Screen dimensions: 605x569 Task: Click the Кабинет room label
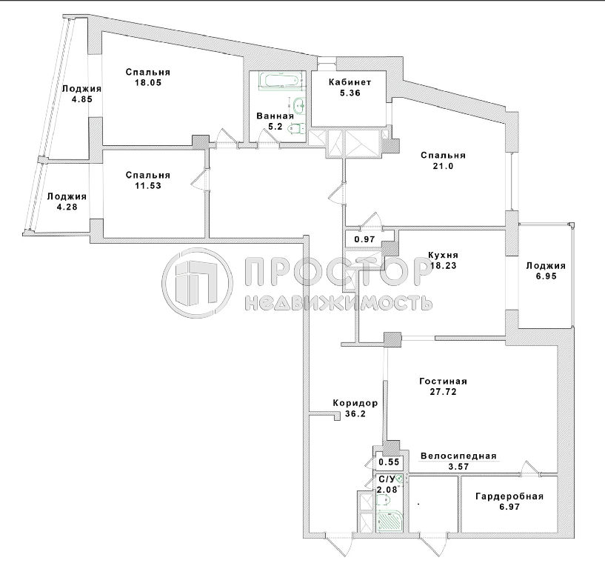click(x=350, y=82)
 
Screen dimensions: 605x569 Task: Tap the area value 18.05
click(x=148, y=83)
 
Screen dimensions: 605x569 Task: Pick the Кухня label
click(x=443, y=255)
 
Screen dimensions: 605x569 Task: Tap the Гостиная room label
click(x=443, y=382)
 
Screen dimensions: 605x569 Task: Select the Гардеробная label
click(x=509, y=496)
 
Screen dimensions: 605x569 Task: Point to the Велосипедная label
click(x=458, y=456)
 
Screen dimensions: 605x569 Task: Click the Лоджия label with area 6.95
click(x=546, y=266)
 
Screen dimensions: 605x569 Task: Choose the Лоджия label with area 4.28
click(x=67, y=196)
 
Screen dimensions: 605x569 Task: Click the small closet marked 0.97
click(x=364, y=239)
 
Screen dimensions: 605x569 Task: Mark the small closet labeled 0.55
click(x=389, y=462)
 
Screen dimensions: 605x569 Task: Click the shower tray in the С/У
click(x=390, y=520)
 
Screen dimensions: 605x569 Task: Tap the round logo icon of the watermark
click(x=197, y=283)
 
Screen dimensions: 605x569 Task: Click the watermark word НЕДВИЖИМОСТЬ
click(x=338, y=303)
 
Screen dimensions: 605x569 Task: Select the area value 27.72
click(x=443, y=392)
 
